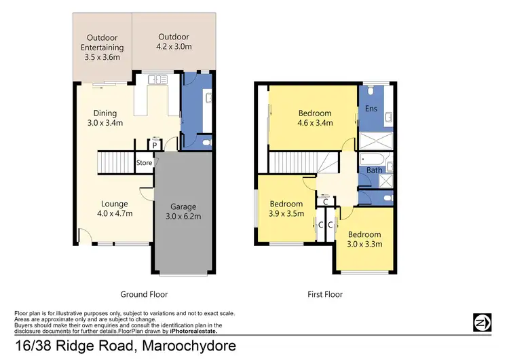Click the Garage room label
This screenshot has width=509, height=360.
tap(183, 211)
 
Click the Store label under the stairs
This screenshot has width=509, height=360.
tap(144, 163)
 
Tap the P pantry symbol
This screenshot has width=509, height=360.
tap(154, 145)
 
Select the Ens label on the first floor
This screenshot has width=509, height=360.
tap(371, 109)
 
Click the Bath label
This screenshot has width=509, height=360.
tap(374, 170)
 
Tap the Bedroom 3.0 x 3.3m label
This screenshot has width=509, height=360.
tap(365, 239)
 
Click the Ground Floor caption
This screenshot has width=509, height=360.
tap(144, 294)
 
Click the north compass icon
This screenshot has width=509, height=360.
tap(482, 322)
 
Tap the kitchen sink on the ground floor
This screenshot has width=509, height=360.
tap(157, 79)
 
